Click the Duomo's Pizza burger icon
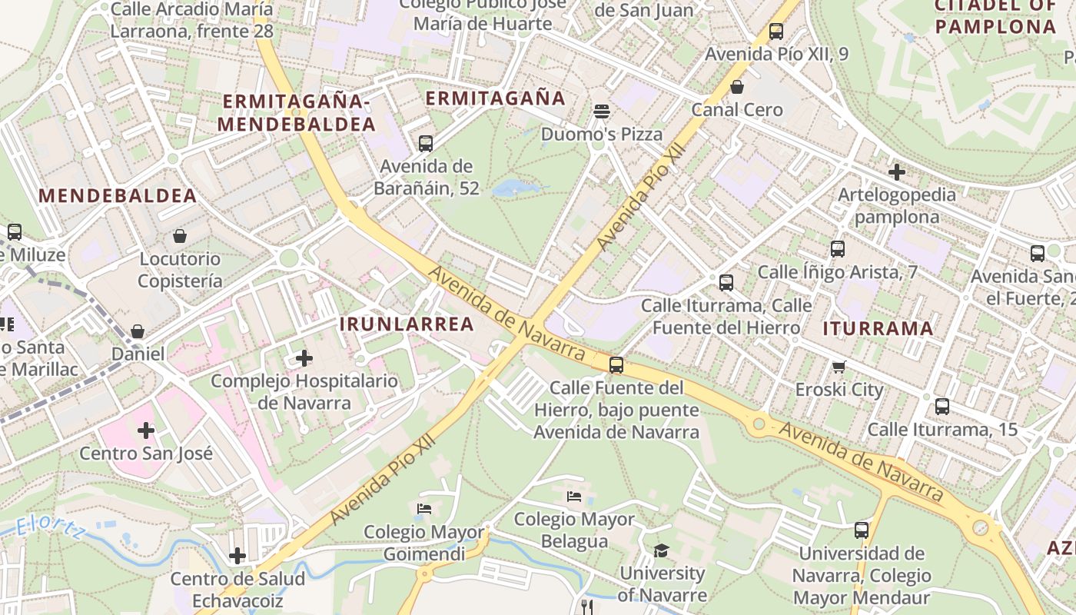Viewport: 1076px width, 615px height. (x=602, y=111)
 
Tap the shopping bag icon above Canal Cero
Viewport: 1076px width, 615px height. (x=737, y=87)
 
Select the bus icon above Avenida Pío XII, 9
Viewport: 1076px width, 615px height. (x=776, y=32)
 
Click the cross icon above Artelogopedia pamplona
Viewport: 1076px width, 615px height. (x=896, y=172)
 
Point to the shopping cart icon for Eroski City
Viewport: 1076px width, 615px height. (x=839, y=367)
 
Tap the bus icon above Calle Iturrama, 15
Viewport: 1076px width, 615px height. (x=942, y=407)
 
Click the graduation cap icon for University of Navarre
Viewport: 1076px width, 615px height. (x=661, y=550)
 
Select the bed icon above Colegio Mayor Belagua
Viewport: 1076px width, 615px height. (x=573, y=497)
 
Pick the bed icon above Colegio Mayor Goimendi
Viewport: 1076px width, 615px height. (x=423, y=509)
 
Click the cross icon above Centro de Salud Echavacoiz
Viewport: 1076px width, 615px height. (x=237, y=555)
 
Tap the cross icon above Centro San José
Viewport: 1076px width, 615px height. (x=146, y=430)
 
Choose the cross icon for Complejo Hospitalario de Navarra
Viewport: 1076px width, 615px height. (x=304, y=358)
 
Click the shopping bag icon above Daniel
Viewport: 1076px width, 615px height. (x=138, y=331)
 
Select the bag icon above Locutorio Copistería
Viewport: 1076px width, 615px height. (x=180, y=236)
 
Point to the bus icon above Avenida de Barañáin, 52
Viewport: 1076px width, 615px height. (x=426, y=144)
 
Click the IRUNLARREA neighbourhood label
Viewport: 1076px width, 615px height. (x=407, y=324)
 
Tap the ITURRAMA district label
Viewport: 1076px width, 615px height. (x=878, y=329)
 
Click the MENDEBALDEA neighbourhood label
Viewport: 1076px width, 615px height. (x=118, y=196)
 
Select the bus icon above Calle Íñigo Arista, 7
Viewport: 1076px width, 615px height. (x=838, y=249)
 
